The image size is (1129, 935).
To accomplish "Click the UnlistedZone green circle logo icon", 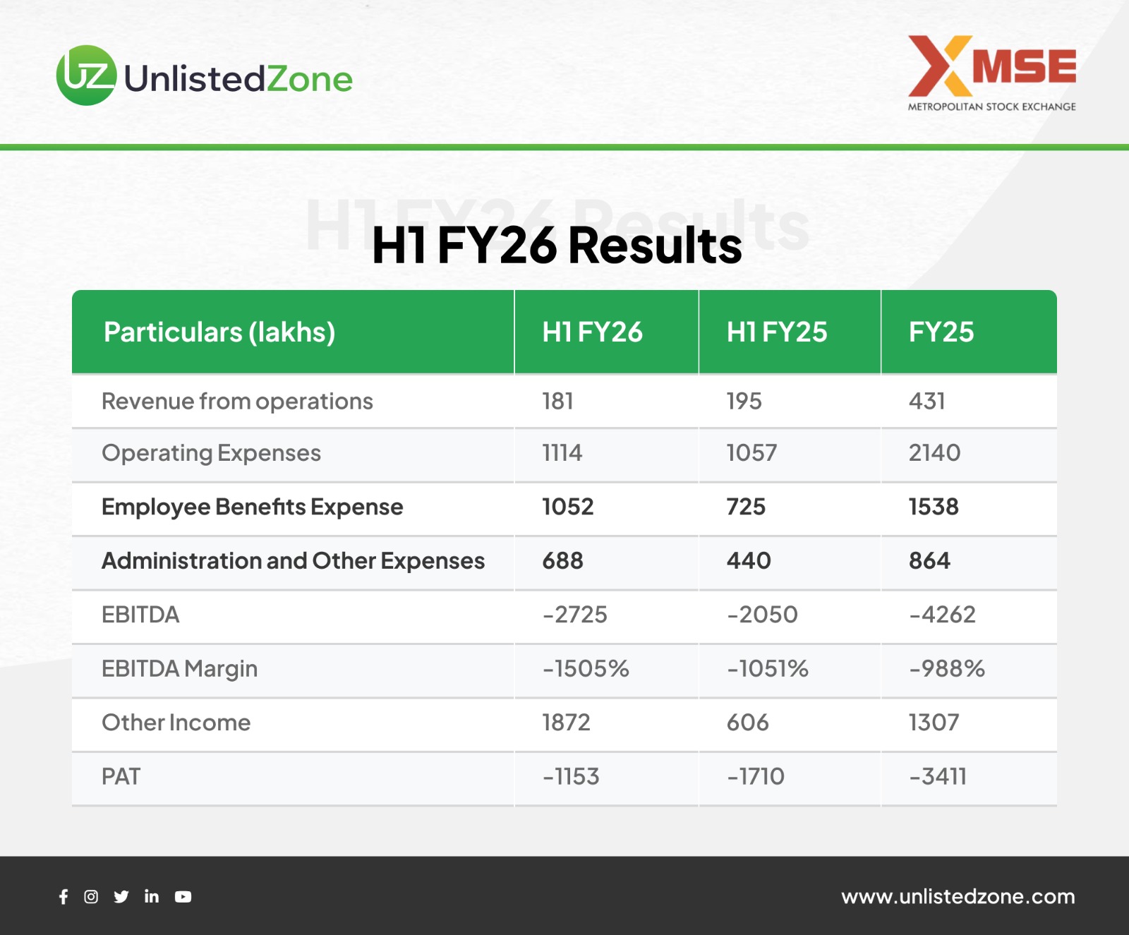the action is click(x=87, y=76).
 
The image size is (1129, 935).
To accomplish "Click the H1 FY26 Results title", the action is click(x=557, y=246).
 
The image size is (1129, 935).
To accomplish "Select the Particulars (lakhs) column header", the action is click(x=219, y=332).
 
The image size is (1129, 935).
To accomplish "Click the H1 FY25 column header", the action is click(x=777, y=332).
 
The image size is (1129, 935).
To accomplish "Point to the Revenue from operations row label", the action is click(x=237, y=402).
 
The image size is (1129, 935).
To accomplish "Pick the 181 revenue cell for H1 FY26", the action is click(x=557, y=402).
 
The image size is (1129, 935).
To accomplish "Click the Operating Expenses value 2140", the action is click(x=934, y=453).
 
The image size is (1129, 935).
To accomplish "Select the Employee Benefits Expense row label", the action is click(x=252, y=507).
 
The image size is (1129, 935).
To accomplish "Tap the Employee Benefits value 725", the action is click(x=746, y=507).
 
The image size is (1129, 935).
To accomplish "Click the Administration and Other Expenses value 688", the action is click(x=562, y=561).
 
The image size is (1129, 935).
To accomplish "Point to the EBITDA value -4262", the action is click(x=942, y=615).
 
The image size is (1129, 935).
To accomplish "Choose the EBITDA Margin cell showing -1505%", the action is click(x=586, y=669).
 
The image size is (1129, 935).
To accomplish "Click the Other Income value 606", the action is click(x=747, y=723).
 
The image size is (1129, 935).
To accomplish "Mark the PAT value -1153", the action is click(x=570, y=777).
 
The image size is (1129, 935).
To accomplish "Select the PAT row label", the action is click(x=121, y=777).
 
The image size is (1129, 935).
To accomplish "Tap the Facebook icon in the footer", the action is click(x=64, y=897).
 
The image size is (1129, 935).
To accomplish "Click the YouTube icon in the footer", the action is click(x=183, y=897).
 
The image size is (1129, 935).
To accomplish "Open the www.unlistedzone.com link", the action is click(x=958, y=897).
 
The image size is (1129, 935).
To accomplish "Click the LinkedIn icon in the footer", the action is click(x=152, y=896).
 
